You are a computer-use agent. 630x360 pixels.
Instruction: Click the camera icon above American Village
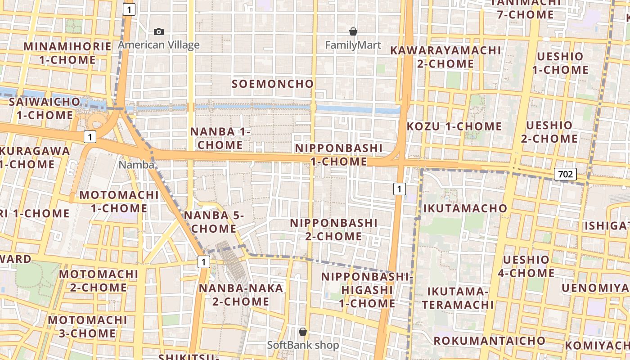point(159,31)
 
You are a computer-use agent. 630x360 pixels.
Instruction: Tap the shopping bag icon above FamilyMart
point(353,31)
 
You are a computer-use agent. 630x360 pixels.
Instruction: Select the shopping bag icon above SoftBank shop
point(303,332)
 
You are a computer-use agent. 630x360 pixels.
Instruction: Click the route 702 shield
point(565,174)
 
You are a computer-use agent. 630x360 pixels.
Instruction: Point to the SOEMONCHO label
point(273,84)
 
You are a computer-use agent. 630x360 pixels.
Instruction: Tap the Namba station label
point(136,165)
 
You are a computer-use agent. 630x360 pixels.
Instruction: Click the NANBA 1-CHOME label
point(220,138)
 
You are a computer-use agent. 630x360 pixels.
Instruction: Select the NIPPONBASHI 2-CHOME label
point(333,229)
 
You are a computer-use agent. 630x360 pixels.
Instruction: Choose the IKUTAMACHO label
point(465,208)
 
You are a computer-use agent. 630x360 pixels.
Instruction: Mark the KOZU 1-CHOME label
point(454,126)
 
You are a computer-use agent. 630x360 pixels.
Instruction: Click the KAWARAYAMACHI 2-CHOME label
point(445,57)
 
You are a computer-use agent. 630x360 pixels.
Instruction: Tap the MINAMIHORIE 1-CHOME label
point(67,53)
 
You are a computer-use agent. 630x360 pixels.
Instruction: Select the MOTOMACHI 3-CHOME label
point(88,327)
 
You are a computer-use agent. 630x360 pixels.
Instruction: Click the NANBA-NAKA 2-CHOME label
point(241,295)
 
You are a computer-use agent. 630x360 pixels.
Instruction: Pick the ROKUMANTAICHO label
point(490,341)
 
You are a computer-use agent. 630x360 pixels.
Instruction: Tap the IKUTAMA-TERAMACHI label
point(458,298)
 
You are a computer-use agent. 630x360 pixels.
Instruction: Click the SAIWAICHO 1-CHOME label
point(45,108)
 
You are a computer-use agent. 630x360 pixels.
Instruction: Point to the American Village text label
point(159,45)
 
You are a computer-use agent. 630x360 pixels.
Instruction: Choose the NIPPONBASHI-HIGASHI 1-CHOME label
point(367,290)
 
